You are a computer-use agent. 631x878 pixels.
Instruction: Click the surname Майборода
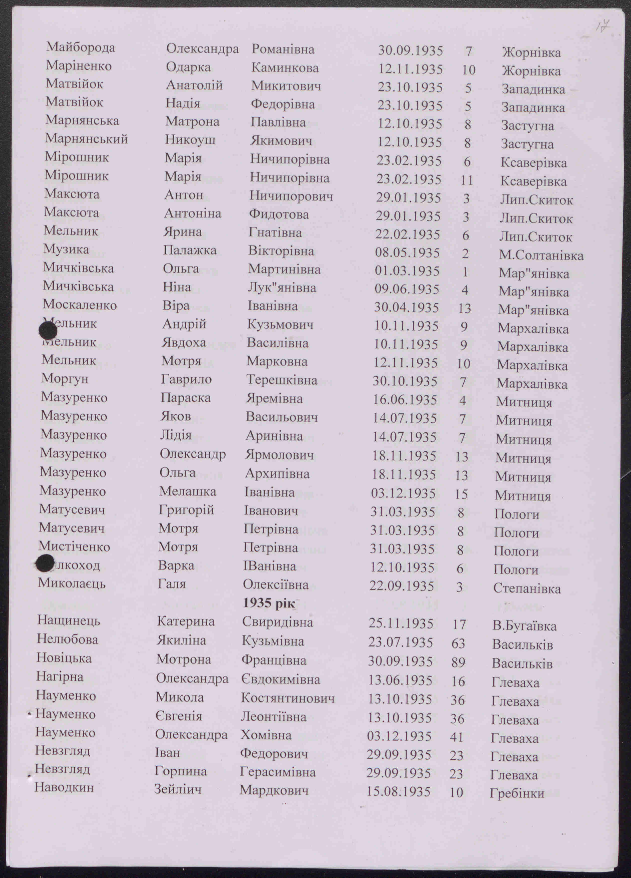[x=80, y=48]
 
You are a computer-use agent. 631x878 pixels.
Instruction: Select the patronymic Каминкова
[x=285, y=68]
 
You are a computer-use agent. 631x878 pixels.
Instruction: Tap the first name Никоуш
[x=190, y=139]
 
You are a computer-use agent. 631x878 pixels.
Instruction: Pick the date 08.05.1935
[x=407, y=253]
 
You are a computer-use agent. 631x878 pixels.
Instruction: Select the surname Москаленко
[x=79, y=305]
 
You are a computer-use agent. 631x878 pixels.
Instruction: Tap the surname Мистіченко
[x=74, y=547]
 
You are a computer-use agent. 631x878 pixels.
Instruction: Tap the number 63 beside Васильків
[x=458, y=644]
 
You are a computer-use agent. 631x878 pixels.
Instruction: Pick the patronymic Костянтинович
[x=288, y=698]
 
